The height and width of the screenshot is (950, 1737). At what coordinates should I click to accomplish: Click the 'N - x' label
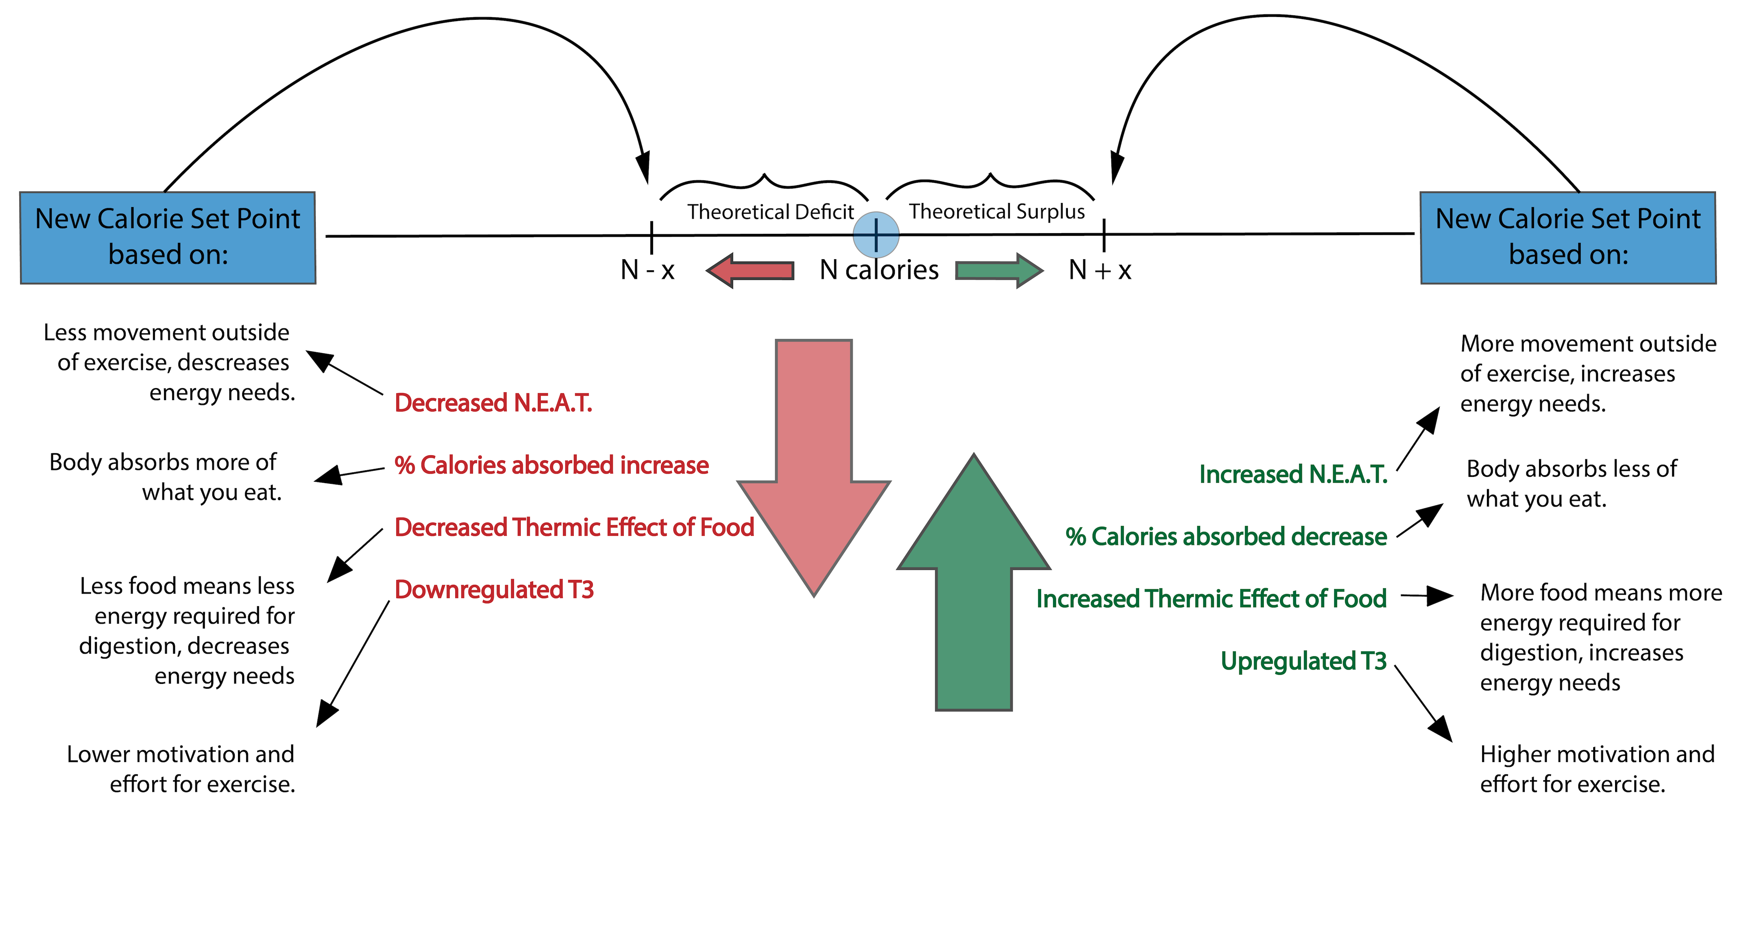[647, 270]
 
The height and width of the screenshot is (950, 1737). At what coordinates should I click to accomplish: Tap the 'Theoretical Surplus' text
[997, 212]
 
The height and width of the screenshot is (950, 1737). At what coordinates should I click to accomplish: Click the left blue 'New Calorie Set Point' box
[168, 237]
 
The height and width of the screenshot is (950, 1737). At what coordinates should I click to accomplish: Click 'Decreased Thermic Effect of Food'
[574, 527]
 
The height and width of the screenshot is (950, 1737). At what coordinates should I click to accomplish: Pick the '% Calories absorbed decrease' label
[1226, 537]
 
